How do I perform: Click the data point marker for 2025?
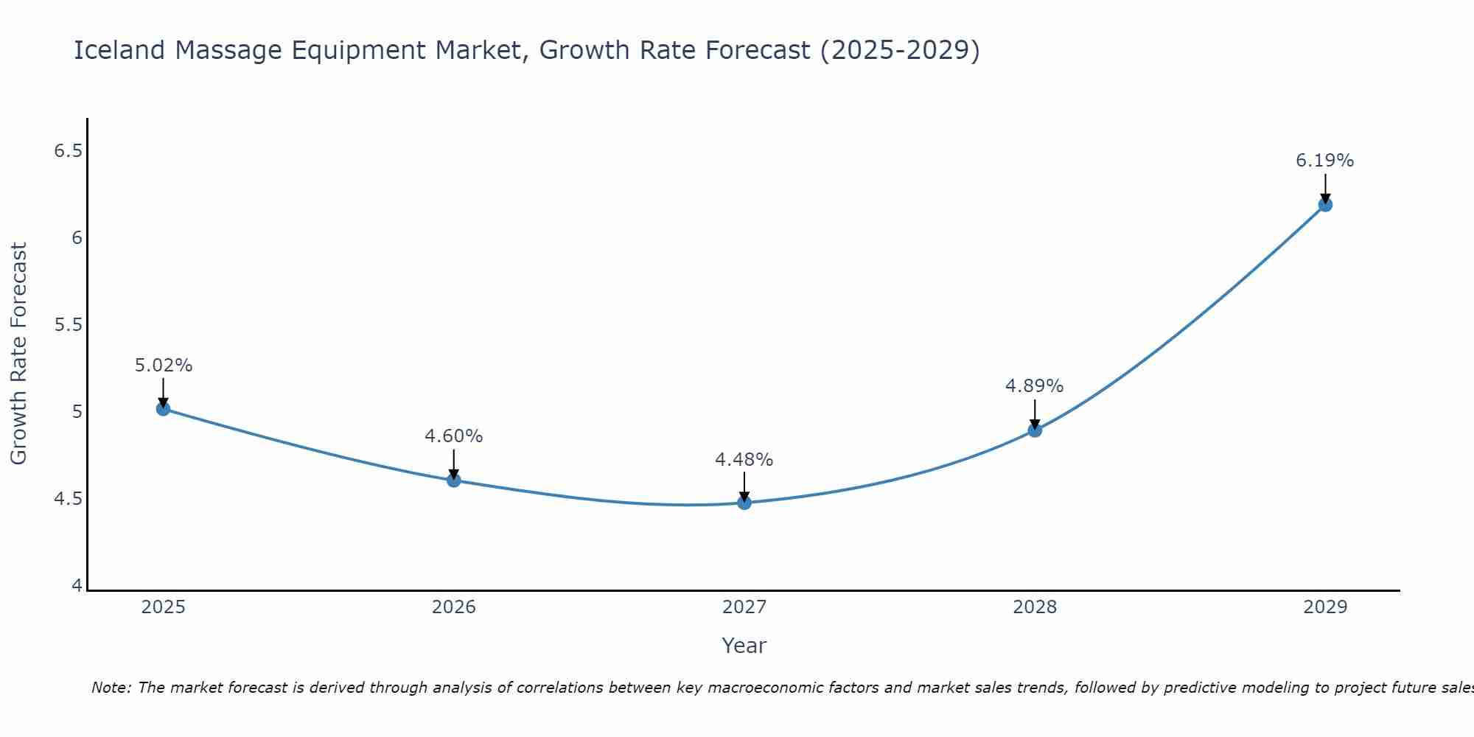(x=164, y=408)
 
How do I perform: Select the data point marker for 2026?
(x=454, y=481)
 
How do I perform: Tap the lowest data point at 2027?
(x=744, y=503)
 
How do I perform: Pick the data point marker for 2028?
(x=1035, y=430)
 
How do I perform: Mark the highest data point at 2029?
(x=1325, y=204)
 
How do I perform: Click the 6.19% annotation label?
(x=1324, y=161)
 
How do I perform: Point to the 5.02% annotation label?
(x=164, y=366)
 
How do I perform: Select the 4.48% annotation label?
(x=744, y=460)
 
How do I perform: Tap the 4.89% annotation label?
(x=1034, y=386)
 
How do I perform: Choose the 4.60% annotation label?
(x=453, y=436)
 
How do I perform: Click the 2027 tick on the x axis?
(x=744, y=607)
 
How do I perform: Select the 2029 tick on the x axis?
(x=1325, y=607)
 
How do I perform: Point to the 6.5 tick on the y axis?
(x=68, y=151)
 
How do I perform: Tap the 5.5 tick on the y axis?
(x=68, y=325)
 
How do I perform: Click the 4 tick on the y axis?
(x=77, y=586)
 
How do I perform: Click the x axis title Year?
(x=744, y=646)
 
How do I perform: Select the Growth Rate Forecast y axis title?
(x=18, y=354)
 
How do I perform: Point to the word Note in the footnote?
(x=111, y=688)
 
